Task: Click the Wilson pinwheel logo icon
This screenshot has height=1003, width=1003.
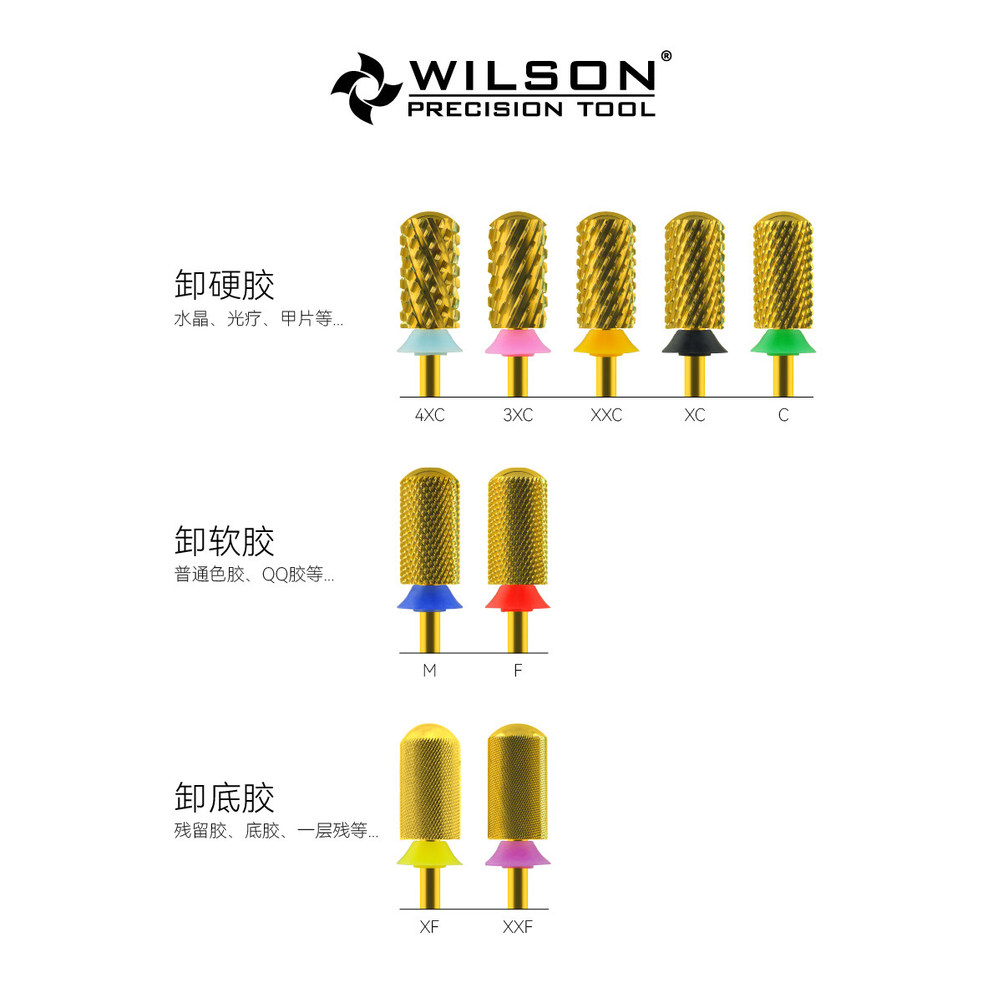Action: coord(364,88)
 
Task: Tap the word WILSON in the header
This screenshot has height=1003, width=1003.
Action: coord(531,76)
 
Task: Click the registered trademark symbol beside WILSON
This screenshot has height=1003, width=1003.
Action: coord(666,56)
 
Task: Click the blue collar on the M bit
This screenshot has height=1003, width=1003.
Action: coord(429,598)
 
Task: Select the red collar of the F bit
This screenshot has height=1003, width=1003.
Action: coord(518,598)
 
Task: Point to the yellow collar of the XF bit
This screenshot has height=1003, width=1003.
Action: coord(429,854)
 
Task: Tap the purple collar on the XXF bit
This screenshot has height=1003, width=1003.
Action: coord(518,854)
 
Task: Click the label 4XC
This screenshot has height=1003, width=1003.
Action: coord(429,415)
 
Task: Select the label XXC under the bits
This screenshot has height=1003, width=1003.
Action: coord(606,415)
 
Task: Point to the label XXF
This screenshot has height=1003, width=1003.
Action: coord(518,927)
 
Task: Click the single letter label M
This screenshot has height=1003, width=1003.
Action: coord(429,671)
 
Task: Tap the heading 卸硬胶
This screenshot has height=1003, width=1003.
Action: coord(225,286)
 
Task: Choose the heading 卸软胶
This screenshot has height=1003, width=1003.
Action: coord(225,542)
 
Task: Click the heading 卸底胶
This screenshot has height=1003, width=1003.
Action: coord(225,798)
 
